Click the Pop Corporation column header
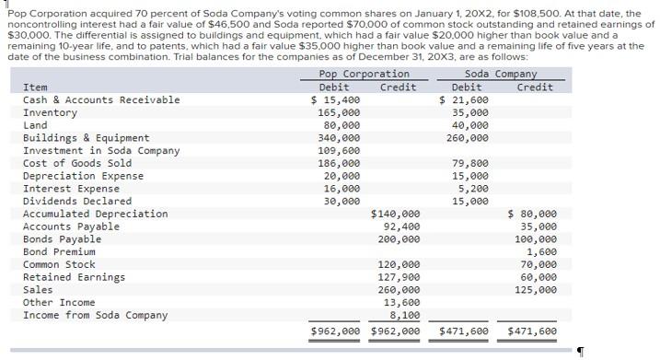[x=364, y=74]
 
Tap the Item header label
[x=34, y=87]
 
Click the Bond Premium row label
[x=59, y=251]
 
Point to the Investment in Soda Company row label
[x=100, y=150]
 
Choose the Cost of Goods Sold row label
[x=76, y=163]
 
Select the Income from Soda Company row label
[x=95, y=315]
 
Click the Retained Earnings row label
[x=73, y=277]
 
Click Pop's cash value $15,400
[x=336, y=99]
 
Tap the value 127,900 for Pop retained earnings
[x=399, y=277]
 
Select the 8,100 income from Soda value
[x=405, y=315]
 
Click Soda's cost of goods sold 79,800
[x=470, y=163]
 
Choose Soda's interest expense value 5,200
[x=473, y=188]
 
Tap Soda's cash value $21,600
[x=465, y=99]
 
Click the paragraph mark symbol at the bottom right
[x=581, y=350]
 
